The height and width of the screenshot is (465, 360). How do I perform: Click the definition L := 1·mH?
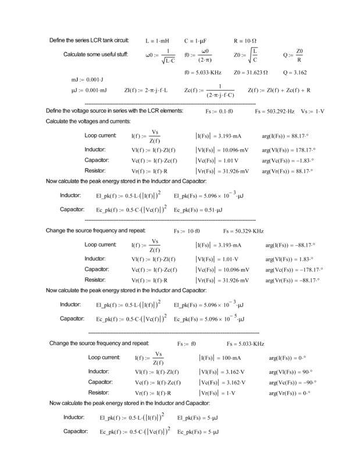pyautogui.click(x=156, y=41)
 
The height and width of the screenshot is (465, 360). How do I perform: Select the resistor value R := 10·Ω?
pyautogui.click(x=245, y=41)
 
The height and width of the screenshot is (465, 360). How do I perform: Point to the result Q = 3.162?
pyautogui.click(x=295, y=73)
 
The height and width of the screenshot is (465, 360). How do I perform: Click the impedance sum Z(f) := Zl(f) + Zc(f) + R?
pyautogui.click(x=279, y=90)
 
